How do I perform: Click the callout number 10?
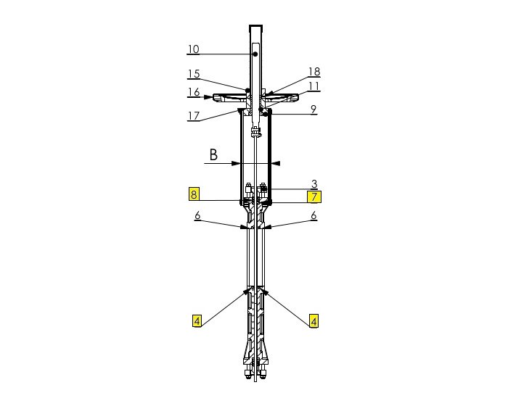click(193, 49)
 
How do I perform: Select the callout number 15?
click(193, 74)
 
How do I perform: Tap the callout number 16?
click(193, 93)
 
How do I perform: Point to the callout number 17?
click(193, 115)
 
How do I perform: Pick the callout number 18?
click(314, 72)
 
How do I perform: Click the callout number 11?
click(314, 86)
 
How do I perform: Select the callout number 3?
click(314, 184)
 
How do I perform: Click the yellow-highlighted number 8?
click(194, 194)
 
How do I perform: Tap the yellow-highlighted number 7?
click(314, 196)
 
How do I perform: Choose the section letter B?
click(213, 154)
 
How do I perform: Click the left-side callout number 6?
click(197, 216)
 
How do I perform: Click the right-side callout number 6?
click(314, 216)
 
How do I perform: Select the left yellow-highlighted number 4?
click(196, 320)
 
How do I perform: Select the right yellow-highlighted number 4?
click(314, 320)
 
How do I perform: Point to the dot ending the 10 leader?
click(255, 54)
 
